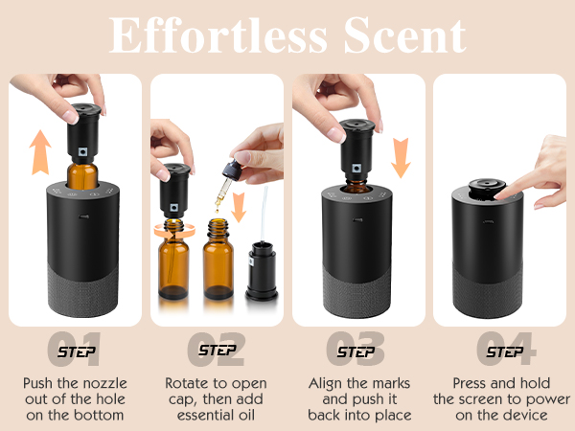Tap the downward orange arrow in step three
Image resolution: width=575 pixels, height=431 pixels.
[x=400, y=155]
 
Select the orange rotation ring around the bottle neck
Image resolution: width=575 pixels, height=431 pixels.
[x=175, y=230]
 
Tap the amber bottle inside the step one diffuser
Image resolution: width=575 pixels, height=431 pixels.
[x=81, y=178]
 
